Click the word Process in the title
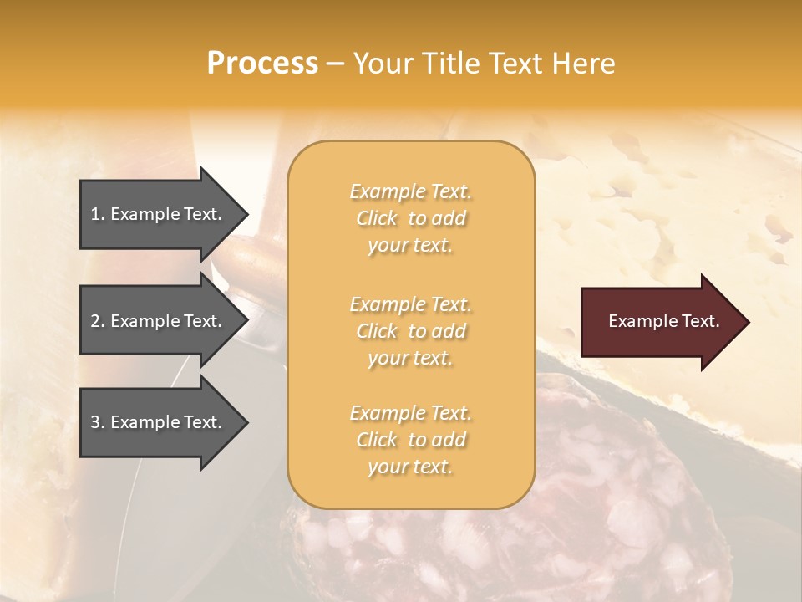262,64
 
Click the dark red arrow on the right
660,321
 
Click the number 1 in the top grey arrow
95,214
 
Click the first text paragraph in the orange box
410,218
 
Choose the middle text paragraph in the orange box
410,331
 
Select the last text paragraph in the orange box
410,440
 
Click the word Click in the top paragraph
377,218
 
